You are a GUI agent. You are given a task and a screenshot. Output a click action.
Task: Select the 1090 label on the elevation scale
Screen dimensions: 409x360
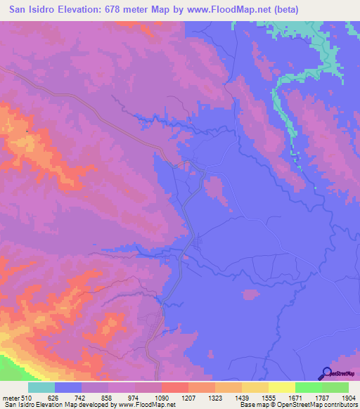162,397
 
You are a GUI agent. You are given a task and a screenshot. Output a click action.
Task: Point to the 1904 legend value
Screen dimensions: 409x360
349,397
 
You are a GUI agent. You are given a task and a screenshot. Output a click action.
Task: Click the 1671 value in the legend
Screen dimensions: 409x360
295,397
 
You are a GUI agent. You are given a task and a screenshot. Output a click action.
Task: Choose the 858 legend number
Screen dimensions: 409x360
108,397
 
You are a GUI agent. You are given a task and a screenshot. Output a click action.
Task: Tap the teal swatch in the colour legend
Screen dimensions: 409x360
41,387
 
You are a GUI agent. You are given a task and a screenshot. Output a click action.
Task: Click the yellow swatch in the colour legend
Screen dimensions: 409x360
281,387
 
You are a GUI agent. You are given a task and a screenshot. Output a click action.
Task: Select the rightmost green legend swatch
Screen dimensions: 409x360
335,387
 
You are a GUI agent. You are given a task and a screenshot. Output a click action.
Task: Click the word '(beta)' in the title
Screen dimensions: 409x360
280,10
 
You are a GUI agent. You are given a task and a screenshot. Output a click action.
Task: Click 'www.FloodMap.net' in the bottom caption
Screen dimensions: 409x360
145,405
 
